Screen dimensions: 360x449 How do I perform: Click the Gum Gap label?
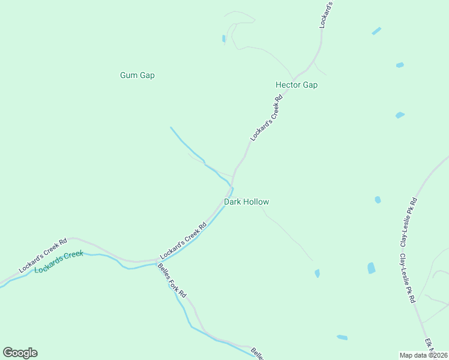coord(137,75)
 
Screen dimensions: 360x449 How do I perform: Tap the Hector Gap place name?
coord(296,85)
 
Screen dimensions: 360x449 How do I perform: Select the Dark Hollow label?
coord(246,202)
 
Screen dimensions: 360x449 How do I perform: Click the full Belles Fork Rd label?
coord(173,281)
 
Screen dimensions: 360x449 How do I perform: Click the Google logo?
coord(20,352)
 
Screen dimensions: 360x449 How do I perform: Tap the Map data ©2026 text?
coord(423,355)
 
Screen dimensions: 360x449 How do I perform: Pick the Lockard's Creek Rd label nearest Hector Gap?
coord(266,117)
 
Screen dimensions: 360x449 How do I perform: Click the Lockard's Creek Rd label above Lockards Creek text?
coord(43,256)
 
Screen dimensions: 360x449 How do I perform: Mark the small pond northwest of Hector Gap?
coord(224,38)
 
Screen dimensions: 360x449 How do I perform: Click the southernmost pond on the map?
coord(342,337)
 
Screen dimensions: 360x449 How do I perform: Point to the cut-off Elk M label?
coord(429,345)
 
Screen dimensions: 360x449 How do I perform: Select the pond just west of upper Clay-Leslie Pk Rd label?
coord(378,200)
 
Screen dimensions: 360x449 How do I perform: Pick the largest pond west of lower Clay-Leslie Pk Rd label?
coord(371,268)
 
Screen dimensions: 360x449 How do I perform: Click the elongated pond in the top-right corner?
coord(376,31)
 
